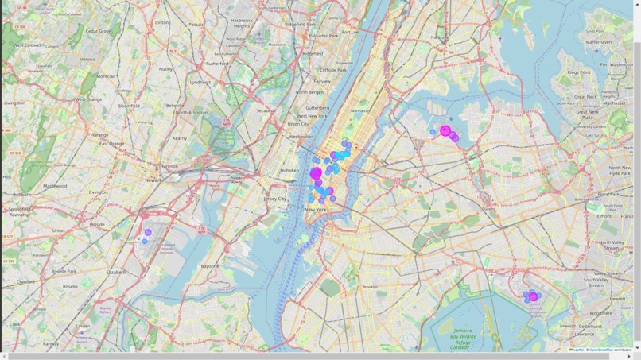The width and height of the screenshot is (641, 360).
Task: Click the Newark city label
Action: pos(153,180)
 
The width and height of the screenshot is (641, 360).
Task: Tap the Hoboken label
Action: pos(289,170)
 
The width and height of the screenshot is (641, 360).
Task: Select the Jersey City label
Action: pos(275,199)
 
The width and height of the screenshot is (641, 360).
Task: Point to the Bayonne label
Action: pos(210,266)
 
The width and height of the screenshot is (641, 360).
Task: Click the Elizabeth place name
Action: pos(116,272)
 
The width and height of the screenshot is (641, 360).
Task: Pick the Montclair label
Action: pos(106,76)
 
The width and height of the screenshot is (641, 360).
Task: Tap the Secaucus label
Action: pos(266,111)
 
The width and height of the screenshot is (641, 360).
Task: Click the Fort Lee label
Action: pos(349,32)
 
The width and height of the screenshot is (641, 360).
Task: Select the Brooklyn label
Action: pos(370,287)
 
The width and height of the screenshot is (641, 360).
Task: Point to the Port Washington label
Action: pos(616,64)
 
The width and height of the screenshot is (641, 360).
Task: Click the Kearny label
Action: pos(180,138)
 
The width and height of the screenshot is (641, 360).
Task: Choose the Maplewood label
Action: pos(55,186)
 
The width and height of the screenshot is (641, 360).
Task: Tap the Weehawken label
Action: pos(301,137)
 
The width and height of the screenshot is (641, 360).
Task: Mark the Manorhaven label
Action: pos(599,42)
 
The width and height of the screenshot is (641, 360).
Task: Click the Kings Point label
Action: pos(579,72)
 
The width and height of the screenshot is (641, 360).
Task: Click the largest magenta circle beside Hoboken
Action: pos(316,173)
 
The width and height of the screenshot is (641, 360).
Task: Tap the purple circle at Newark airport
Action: pos(148,233)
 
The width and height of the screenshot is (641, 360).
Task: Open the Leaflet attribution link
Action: pos(578,350)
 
